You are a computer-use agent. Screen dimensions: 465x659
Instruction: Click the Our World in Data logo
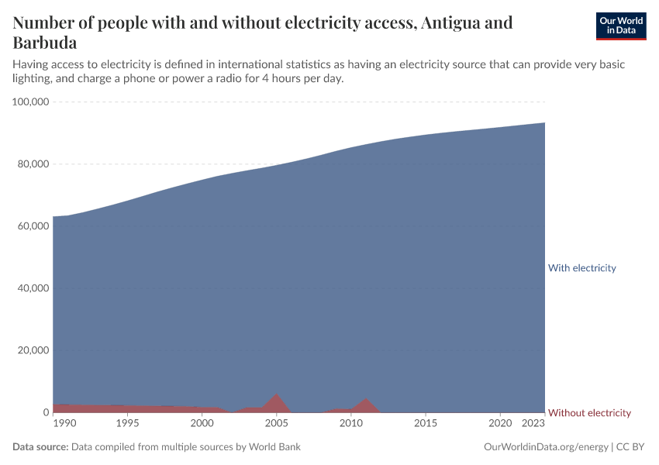620,26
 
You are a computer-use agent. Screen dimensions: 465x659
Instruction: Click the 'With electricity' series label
581,268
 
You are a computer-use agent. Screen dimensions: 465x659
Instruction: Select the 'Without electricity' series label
589,413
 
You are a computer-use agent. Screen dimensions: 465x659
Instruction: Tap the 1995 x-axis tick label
127,424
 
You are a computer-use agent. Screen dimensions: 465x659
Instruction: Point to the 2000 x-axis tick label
202,424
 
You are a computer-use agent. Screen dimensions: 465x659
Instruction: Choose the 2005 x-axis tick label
276,424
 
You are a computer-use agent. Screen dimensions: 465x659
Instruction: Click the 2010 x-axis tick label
350,424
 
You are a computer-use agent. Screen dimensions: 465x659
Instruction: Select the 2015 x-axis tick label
425,424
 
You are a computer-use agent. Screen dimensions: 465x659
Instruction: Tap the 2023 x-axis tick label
533,424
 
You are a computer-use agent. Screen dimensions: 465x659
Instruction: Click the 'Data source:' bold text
40,447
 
